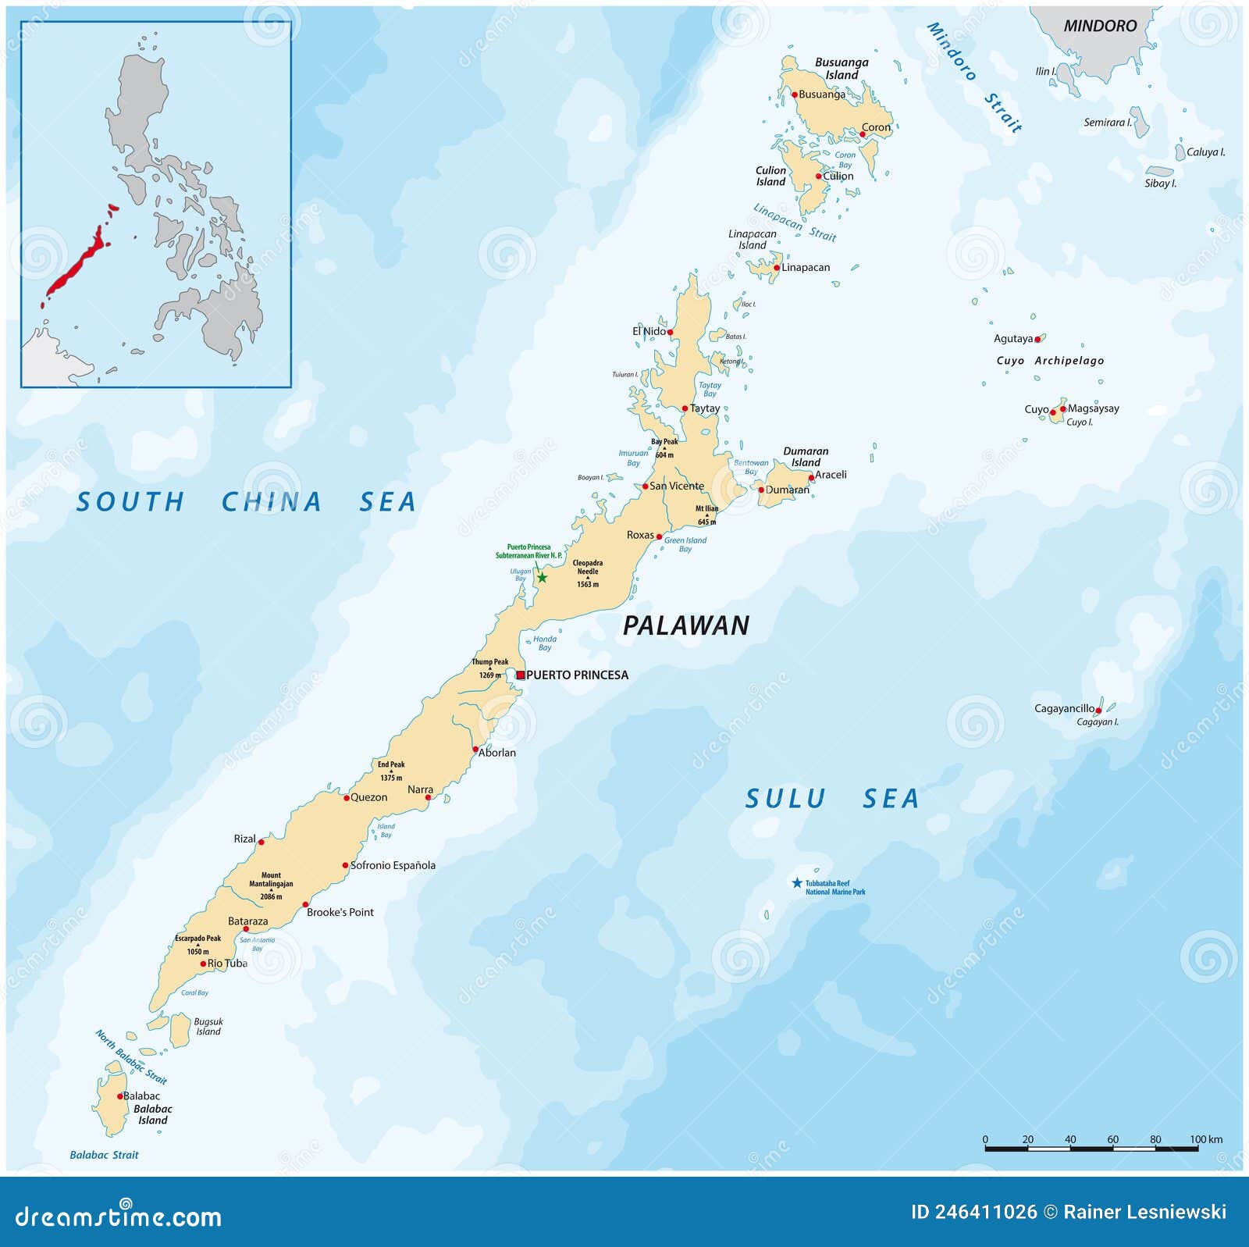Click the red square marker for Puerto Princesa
[521, 675]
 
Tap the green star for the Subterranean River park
[542, 578]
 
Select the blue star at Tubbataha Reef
[797, 883]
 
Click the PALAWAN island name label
[686, 625]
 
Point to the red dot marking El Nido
[670, 332]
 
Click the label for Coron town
[876, 127]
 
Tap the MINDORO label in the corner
[1100, 26]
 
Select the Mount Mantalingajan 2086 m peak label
[271, 885]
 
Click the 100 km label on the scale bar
[1206, 1139]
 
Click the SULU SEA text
[832, 799]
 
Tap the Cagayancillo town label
[1064, 708]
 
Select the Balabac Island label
[153, 1114]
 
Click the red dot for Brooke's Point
[306, 904]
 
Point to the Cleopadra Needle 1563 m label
[588, 572]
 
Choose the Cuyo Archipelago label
[1050, 361]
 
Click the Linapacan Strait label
[794, 223]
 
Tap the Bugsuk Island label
[208, 1026]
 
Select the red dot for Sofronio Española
[345, 865]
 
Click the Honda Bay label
[545, 643]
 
